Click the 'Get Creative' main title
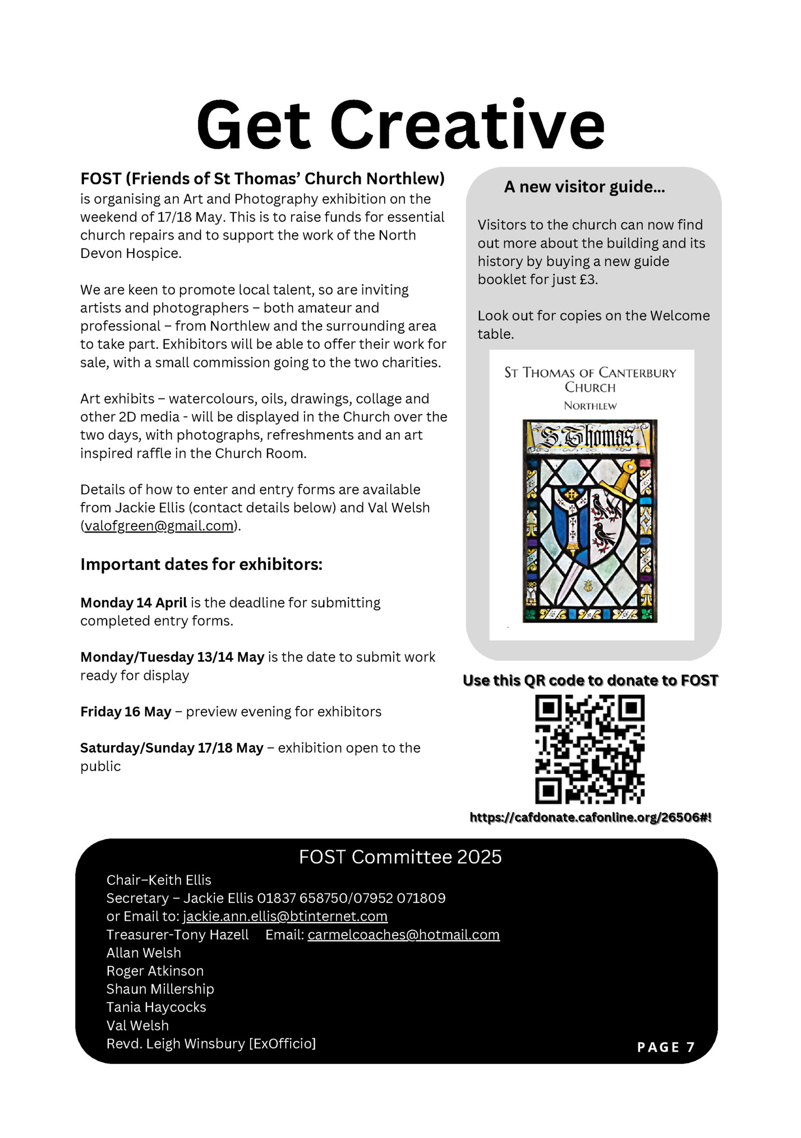tap(400, 125)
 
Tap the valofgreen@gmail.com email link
tap(159, 526)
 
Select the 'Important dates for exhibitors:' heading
tap(201, 564)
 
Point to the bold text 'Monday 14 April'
tap(133, 603)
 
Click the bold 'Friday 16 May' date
tap(126, 712)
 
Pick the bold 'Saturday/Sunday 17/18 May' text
tap(172, 748)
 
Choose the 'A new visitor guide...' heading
tap(584, 187)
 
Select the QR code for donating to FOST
tap(590, 749)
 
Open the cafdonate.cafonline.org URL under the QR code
tap(590, 818)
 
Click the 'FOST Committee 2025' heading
tap(400, 857)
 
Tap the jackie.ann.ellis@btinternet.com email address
tap(285, 916)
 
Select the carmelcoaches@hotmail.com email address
tap(403, 935)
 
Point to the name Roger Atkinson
tap(155, 971)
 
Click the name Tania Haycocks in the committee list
tap(156, 1007)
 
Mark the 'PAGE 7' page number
tap(666, 1047)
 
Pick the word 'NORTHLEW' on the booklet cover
tap(590, 406)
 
